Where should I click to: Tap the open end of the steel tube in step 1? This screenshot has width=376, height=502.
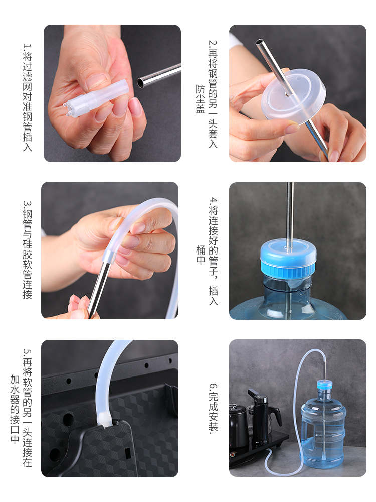tap(140, 83)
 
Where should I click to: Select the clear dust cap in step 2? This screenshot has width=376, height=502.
tap(293, 97)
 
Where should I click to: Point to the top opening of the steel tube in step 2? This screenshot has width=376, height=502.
tap(259, 42)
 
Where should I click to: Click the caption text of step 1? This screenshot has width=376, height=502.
tap(28, 97)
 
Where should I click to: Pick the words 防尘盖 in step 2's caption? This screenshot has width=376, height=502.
tap(200, 99)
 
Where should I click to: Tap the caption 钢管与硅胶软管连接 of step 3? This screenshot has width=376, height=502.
tap(28, 250)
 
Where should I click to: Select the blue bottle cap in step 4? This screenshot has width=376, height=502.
tap(288, 259)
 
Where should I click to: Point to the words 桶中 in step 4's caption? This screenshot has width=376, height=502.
tap(200, 255)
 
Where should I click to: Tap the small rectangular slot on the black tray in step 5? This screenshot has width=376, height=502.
tap(127, 453)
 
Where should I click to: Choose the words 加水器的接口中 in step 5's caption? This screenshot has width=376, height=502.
tap(15, 409)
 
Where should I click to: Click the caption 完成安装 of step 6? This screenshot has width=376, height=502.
tap(213, 408)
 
